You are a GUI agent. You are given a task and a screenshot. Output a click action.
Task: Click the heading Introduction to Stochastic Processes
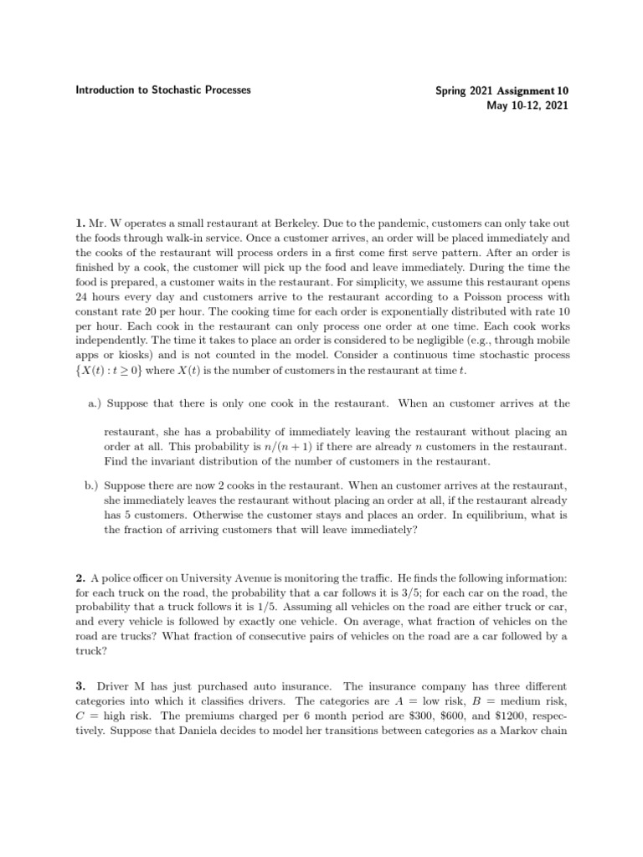161,90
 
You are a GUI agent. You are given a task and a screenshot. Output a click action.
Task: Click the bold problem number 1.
80,224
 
